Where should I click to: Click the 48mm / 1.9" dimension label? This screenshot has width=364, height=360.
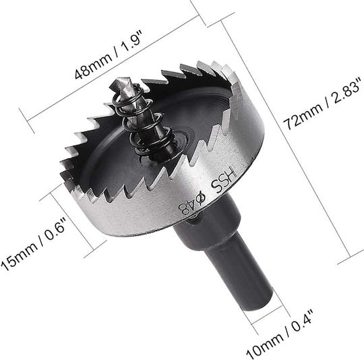coord(109,55)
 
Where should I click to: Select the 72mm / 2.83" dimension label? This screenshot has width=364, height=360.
coord(322,104)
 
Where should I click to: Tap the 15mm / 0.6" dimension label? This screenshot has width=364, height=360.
coord(32,244)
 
